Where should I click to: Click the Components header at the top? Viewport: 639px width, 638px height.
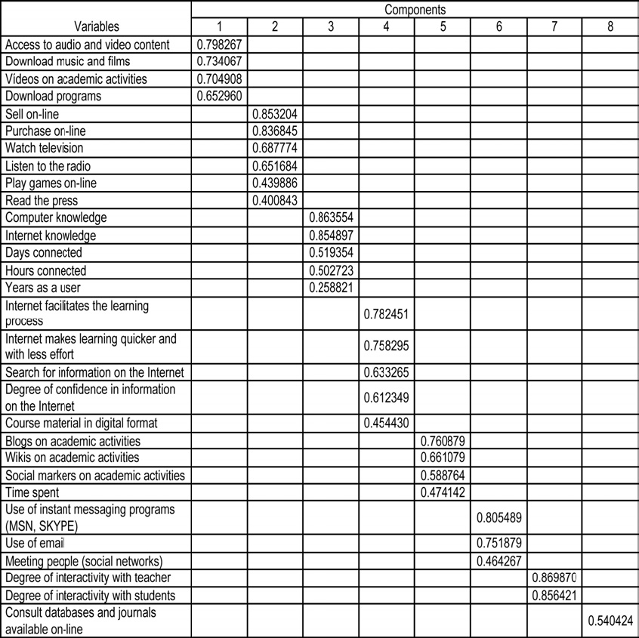[x=415, y=10]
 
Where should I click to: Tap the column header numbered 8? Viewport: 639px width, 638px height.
[x=610, y=27]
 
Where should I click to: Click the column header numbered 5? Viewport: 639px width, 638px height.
[x=442, y=27]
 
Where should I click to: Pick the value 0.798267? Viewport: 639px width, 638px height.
[x=218, y=45]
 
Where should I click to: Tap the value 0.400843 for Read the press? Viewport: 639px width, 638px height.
[x=274, y=200]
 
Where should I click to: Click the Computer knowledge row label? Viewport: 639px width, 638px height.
[x=56, y=217]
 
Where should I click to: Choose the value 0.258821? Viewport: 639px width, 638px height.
[x=330, y=287]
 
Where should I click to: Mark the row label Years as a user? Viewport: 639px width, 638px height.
[x=42, y=287]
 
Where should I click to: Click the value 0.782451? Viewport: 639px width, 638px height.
[x=386, y=313]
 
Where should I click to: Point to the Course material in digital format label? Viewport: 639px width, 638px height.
[x=91, y=423]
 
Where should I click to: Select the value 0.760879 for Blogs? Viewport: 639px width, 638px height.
[x=442, y=440]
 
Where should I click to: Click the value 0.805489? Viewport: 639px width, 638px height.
[x=499, y=519]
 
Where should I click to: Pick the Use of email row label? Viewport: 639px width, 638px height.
[x=35, y=544]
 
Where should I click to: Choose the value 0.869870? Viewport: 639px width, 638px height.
[x=554, y=578]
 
